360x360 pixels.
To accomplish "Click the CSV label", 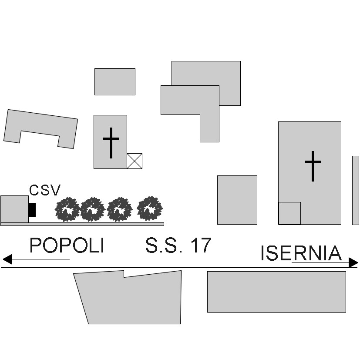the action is pos(45,190).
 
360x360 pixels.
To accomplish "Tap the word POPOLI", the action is pos(67,245).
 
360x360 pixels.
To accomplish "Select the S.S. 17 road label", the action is pos(178,245).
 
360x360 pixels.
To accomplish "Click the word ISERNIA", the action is pos(301,253).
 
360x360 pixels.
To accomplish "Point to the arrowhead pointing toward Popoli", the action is pos(7,259).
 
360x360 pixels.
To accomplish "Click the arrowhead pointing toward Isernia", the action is pos(353,262).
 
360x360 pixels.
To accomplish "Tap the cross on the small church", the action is pos(111,143).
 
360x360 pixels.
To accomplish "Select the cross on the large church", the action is pos(313,166).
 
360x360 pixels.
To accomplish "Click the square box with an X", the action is pos(135,161).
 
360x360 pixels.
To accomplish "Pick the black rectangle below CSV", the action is pos(32,210).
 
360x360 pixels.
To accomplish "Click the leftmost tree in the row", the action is pos(67,209).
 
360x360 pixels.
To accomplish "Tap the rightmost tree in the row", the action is pos(150,209).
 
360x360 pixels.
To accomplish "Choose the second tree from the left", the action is pos(93,209).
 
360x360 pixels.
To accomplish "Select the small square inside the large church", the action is pos(289,213).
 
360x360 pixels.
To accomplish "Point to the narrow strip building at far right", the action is pos(356,190).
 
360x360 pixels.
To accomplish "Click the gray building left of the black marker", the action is pos(14,209).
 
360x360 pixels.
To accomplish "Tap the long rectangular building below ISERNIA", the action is pos(277,292).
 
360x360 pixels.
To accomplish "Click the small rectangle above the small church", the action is pos(115,82).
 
